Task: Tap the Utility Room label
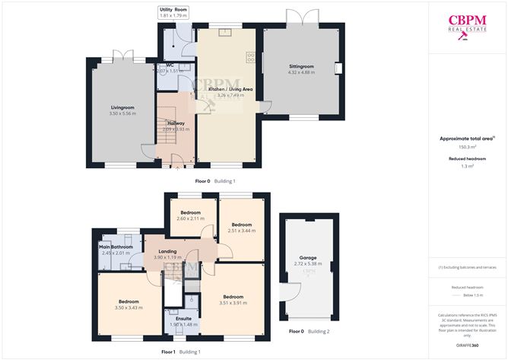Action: [x=173, y=9]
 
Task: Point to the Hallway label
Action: [x=176, y=123]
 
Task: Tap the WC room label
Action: [x=170, y=65]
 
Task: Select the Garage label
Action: [x=308, y=258]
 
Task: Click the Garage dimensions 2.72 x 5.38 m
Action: [x=308, y=264]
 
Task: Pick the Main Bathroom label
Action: [x=116, y=247]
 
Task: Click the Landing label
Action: [x=167, y=251]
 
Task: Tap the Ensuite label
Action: [x=183, y=319]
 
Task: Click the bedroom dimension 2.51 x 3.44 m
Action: [x=241, y=231]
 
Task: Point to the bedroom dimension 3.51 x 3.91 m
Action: [x=233, y=303]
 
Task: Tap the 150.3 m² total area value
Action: [x=467, y=147]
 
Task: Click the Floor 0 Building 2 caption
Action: [x=308, y=332]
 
